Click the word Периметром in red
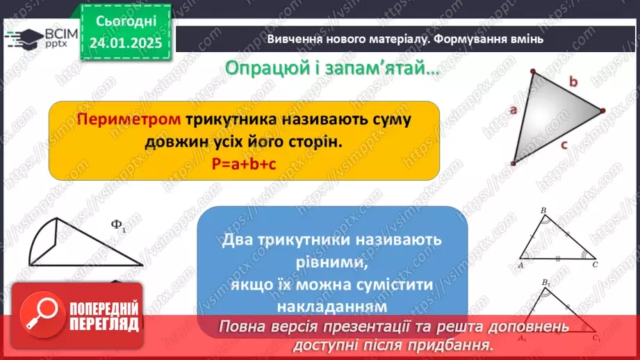click(129, 119)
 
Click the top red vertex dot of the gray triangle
click(534, 71)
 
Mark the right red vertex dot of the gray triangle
click(602, 110)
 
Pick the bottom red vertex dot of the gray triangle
click(514, 163)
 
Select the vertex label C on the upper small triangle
click(595, 264)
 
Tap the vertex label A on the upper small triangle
click(520, 264)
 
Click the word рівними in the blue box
click(332, 263)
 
